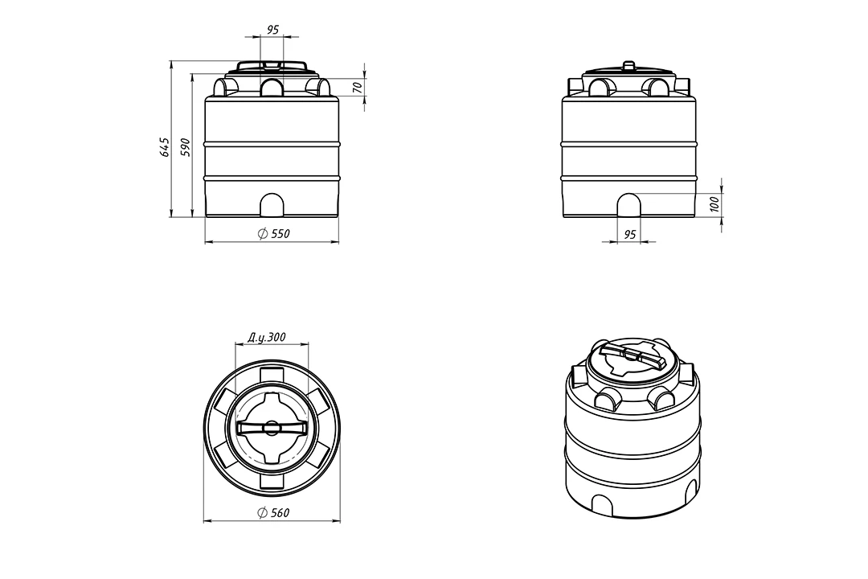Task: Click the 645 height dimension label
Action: [165, 146]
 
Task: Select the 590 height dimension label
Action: [186, 147]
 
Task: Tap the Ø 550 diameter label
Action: [274, 234]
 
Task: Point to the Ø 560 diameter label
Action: [274, 513]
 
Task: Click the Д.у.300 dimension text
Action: [267, 337]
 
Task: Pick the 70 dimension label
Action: [357, 87]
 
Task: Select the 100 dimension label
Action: [714, 204]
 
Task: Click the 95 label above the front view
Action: [273, 30]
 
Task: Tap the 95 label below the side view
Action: [630, 235]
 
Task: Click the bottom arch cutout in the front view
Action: [272, 205]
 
